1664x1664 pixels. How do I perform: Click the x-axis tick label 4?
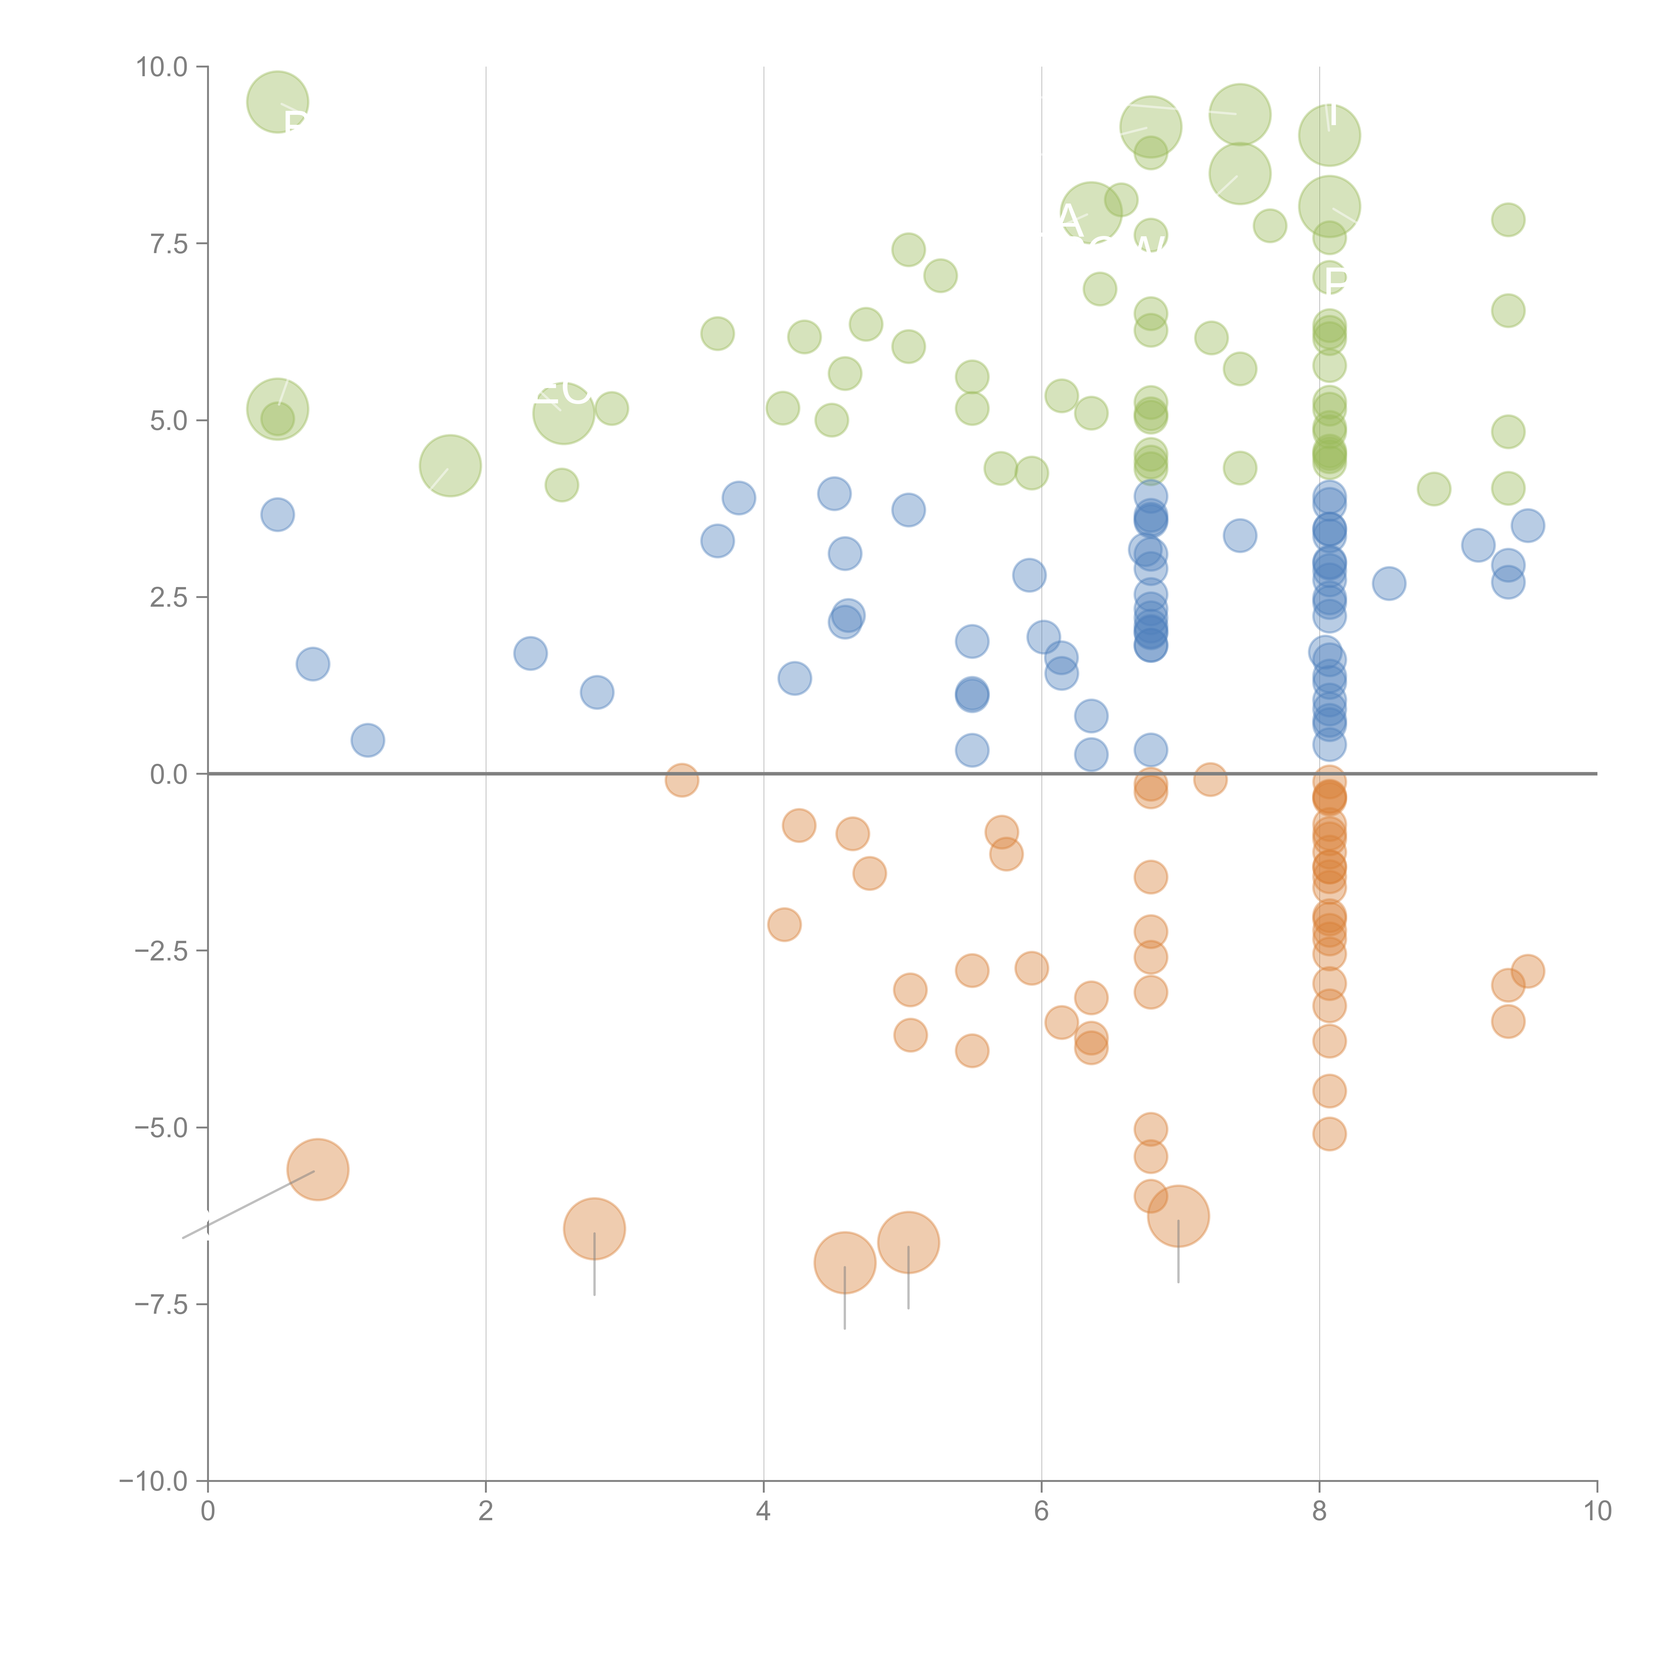[763, 1512]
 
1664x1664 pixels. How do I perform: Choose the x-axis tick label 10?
[1597, 1512]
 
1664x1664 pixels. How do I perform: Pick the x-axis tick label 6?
[1041, 1512]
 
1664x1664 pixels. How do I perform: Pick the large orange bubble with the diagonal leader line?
[318, 1169]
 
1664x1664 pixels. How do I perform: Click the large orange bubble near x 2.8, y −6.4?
[594, 1229]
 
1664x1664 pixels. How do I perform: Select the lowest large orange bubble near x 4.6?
[845, 1263]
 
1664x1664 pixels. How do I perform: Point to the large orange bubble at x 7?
[1178, 1216]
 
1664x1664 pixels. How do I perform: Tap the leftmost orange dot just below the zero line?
[681, 780]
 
